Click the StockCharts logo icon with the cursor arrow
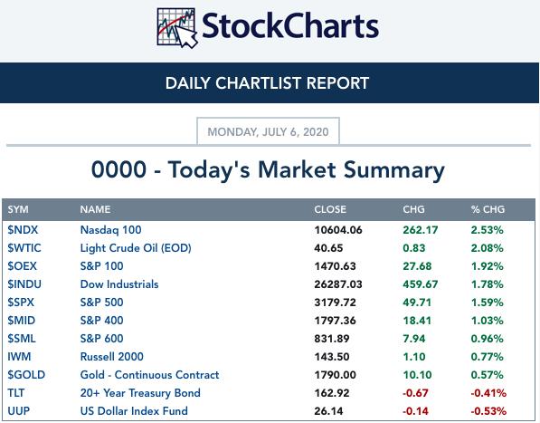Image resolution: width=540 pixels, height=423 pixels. pos(177,27)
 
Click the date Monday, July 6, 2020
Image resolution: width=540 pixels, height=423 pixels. pos(268,131)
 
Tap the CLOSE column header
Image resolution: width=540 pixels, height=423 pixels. pos(330,209)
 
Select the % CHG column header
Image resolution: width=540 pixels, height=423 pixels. pos(488,209)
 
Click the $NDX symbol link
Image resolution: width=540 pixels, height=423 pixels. pos(23,229)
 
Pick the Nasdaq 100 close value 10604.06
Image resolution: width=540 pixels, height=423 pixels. pos(338,230)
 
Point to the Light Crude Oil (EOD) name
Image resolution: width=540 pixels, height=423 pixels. pos(136,248)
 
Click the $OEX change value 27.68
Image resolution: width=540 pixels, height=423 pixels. pos(417,266)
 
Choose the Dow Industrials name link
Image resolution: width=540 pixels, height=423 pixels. pos(119,284)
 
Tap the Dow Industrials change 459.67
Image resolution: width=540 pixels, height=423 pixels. pos(421,284)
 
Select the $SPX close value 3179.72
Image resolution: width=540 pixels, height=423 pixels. pos(335,303)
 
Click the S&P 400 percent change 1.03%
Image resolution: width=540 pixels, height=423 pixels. pos(487,321)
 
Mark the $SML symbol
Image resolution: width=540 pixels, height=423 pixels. pos(22,338)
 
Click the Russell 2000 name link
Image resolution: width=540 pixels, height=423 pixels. pos(111,357)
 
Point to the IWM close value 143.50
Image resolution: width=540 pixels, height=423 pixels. pos(332,357)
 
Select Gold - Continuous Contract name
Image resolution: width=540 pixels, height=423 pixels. pos(149,375)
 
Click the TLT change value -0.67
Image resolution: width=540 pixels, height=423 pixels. pos(415,393)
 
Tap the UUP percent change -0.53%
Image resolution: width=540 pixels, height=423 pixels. pos(488,411)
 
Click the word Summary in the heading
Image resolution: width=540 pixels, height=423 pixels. pos(394,170)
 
